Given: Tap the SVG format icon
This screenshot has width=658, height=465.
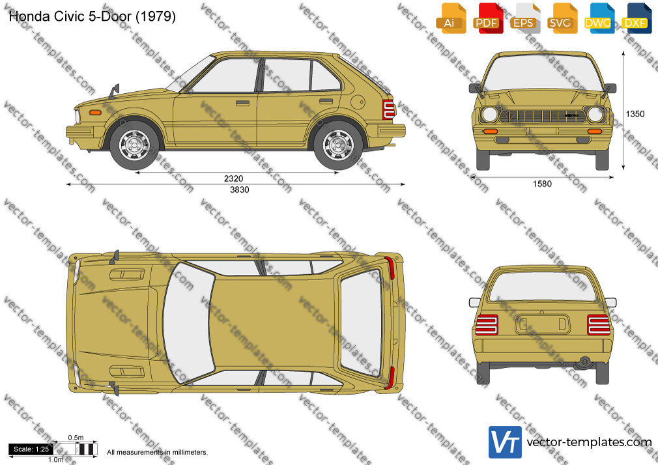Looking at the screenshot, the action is tap(560, 18).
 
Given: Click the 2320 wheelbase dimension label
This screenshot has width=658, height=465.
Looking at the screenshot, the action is tap(233, 178).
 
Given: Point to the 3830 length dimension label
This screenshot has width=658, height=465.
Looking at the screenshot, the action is tap(240, 190).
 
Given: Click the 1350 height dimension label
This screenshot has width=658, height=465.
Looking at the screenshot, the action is tap(635, 114).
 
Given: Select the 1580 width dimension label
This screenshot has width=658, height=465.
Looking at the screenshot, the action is tap(542, 184).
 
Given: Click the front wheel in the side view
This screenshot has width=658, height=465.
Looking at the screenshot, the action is tap(135, 145).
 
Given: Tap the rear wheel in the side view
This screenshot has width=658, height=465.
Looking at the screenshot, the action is tap(338, 145).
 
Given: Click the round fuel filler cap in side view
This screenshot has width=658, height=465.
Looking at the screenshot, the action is tap(358, 102).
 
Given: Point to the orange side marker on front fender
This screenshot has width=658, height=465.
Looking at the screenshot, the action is tap(96, 113).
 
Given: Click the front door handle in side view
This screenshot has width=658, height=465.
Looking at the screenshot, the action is tap(242, 103).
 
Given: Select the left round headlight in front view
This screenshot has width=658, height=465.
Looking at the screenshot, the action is tap(489, 114).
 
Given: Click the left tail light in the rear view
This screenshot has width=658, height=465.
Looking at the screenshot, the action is tap(487, 325).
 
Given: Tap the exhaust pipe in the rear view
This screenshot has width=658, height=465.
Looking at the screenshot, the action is tap(584, 361).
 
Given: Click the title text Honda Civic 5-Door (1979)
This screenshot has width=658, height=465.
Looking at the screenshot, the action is tap(93, 16).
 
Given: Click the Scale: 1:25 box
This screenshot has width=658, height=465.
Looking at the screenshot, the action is tap(31, 449).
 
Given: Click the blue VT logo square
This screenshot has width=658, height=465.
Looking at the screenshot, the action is tap(506, 442).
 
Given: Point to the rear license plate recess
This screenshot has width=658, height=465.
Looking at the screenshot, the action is tap(542, 324).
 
